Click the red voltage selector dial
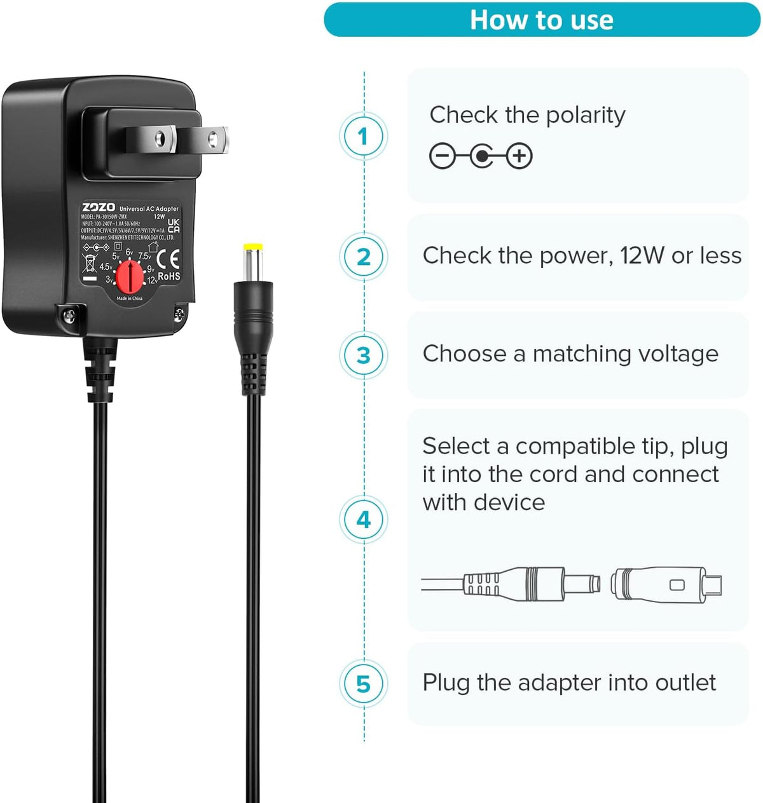(x=130, y=277)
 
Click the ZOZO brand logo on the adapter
(x=99, y=207)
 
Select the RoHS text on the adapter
(x=169, y=276)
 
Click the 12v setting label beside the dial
(x=152, y=280)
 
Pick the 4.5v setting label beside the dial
(x=106, y=267)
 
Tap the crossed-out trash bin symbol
(x=90, y=262)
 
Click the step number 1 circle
(x=363, y=136)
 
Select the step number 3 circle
(x=363, y=355)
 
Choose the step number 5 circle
(x=363, y=684)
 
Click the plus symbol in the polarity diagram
(x=519, y=156)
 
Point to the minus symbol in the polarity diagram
(x=443, y=156)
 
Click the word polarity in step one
(x=586, y=116)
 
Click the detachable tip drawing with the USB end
(x=666, y=584)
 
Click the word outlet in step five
(x=685, y=683)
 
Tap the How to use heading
(x=542, y=20)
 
